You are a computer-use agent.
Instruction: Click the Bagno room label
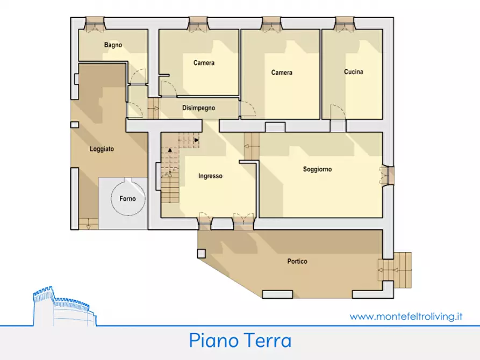point(113,46)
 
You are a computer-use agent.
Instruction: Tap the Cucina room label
point(353,72)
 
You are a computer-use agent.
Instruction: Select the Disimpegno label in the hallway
point(198,108)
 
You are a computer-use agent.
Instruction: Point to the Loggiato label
point(102,149)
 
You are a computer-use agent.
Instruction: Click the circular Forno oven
point(128,198)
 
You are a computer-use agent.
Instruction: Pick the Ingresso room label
point(210,176)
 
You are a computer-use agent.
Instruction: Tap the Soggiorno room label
point(317,169)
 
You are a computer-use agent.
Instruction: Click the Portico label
point(297,262)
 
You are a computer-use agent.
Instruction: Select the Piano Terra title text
point(240,341)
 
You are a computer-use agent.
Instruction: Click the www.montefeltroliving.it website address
point(406,316)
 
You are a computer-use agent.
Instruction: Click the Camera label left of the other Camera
point(204,63)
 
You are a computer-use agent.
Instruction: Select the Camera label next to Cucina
point(282,73)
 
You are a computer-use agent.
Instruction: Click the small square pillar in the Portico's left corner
point(201,253)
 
